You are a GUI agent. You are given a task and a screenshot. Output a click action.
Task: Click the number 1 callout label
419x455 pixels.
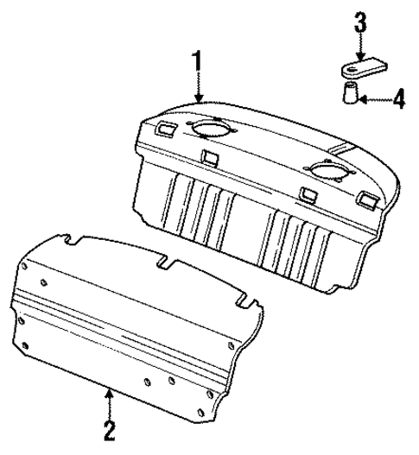click(199, 62)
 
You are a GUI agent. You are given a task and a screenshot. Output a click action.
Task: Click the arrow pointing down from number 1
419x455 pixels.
click(199, 91)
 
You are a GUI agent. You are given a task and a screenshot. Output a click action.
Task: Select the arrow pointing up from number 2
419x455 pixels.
click(109, 399)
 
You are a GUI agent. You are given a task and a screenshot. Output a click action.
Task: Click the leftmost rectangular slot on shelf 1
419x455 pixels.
click(165, 130)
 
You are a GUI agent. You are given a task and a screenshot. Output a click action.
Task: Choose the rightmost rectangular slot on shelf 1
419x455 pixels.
click(365, 201)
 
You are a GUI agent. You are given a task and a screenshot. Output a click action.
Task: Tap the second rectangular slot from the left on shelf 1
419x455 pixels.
click(208, 157)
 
